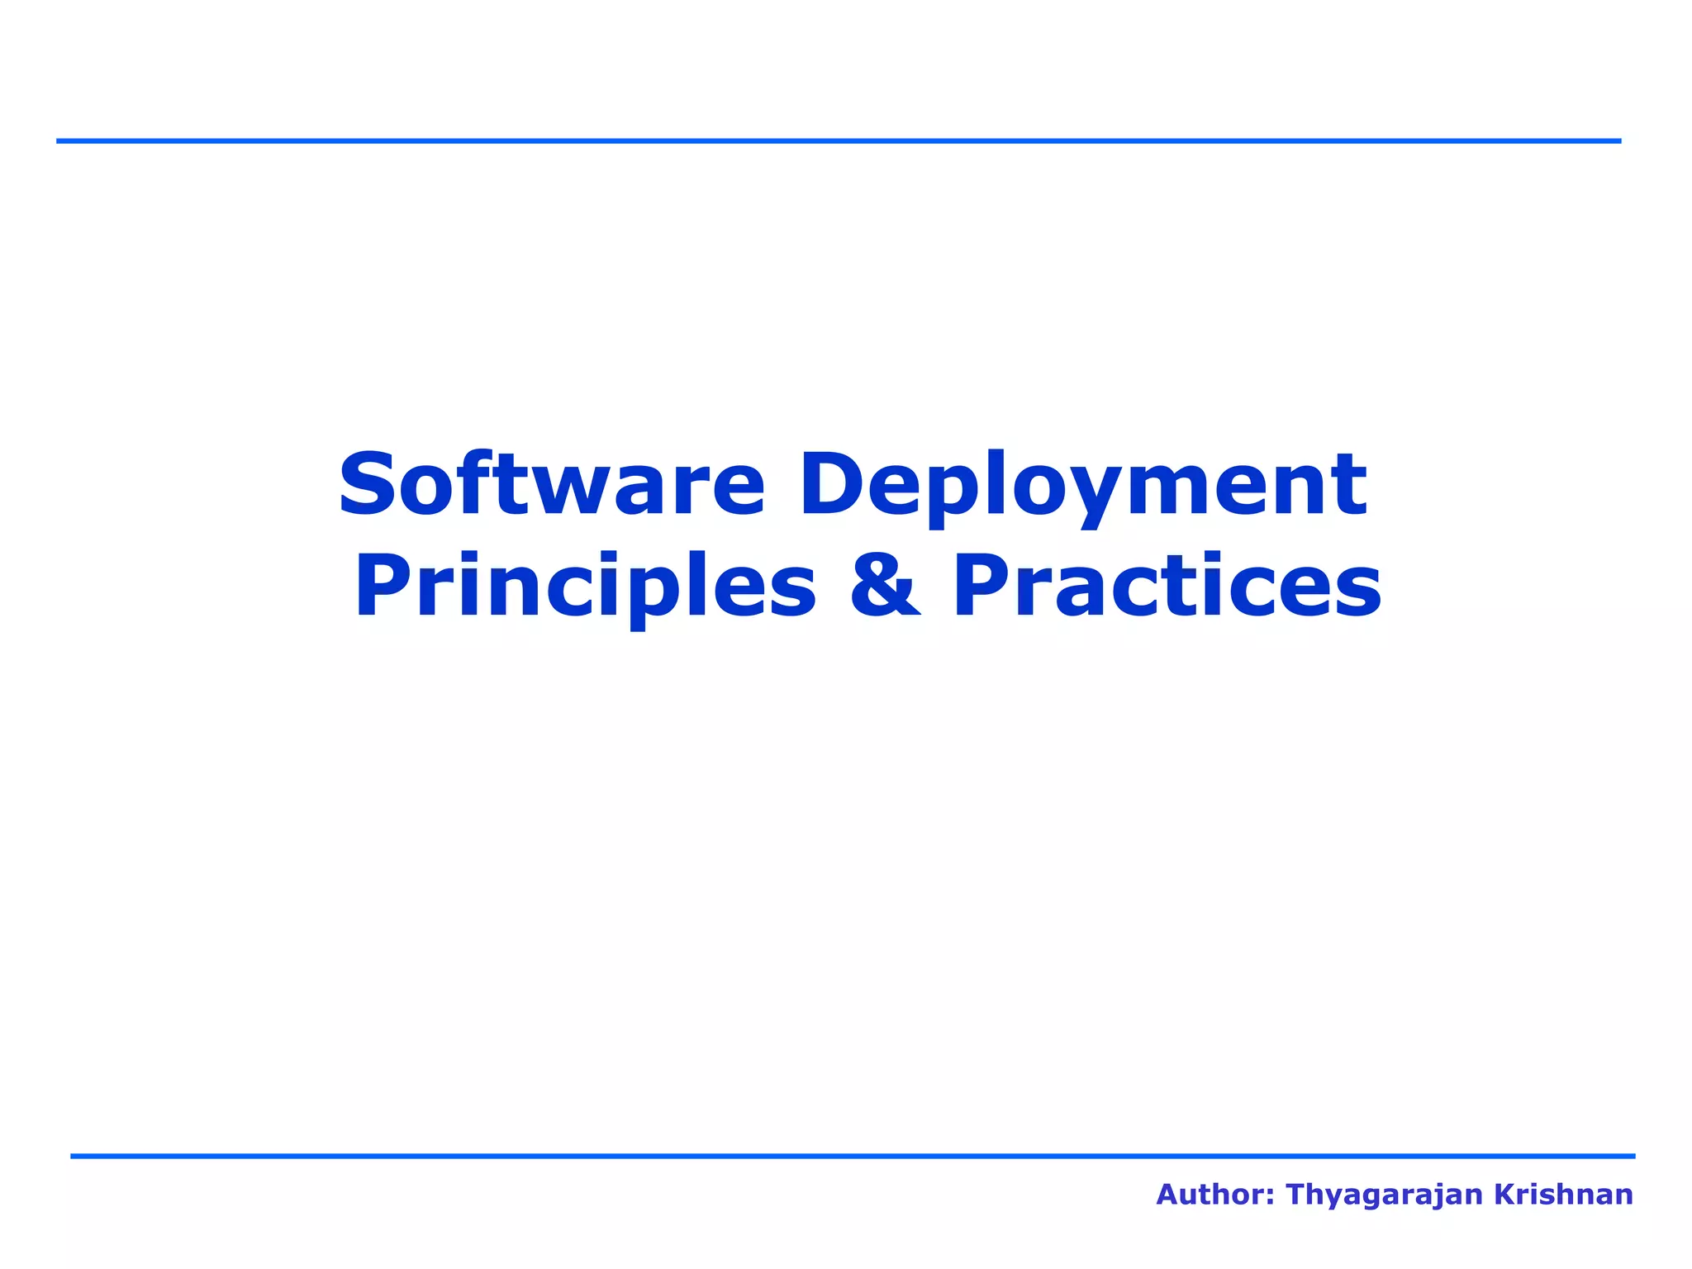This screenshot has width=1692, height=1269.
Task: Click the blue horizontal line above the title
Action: pos(838,141)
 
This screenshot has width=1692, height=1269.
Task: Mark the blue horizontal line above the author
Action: pos(853,1156)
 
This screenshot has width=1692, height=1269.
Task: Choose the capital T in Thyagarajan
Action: pos(1297,1195)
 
